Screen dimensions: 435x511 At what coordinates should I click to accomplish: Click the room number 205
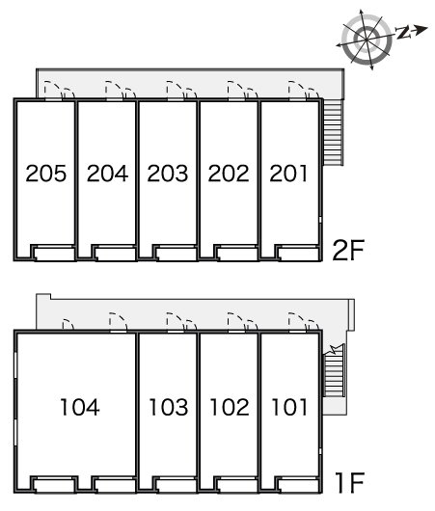(x=46, y=173)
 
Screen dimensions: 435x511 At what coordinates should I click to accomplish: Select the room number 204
(x=107, y=173)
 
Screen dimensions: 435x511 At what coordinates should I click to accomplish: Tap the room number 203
(x=168, y=173)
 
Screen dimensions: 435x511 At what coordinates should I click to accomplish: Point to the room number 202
(x=229, y=173)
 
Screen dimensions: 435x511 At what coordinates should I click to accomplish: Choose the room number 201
(x=288, y=173)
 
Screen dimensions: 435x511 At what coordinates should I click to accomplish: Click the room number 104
(x=80, y=407)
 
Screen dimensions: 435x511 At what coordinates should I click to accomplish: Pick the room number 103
(x=169, y=407)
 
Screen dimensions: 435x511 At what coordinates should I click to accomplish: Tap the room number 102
(x=230, y=407)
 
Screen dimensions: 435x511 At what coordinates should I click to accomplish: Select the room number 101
(x=289, y=407)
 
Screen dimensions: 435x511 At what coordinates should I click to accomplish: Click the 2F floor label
(x=348, y=250)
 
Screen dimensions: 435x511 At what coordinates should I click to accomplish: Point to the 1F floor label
(x=349, y=482)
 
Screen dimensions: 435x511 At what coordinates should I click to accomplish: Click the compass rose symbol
(x=367, y=40)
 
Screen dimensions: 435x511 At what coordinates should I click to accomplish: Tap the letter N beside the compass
(x=403, y=32)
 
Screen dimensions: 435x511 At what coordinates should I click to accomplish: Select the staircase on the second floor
(x=334, y=132)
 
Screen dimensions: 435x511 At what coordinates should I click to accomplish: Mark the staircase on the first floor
(x=334, y=375)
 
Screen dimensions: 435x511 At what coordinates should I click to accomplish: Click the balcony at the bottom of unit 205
(x=53, y=253)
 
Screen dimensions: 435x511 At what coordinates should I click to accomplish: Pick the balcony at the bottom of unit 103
(x=175, y=485)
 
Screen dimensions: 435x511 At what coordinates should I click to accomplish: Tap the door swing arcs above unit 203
(x=181, y=90)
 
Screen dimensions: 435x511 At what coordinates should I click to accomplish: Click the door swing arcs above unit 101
(x=304, y=321)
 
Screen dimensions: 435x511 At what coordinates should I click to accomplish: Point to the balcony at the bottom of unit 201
(x=297, y=253)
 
